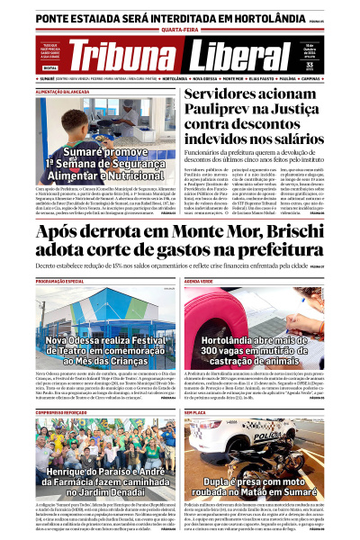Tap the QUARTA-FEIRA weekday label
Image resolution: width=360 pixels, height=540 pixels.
(x=180, y=28)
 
